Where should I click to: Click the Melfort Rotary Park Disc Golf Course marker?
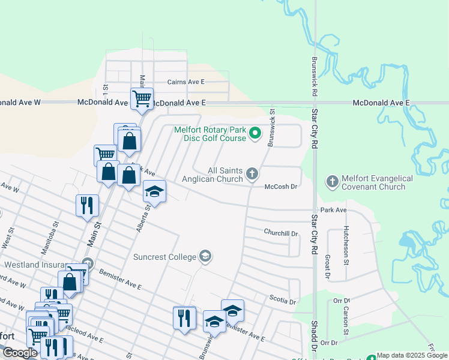[x=255, y=133]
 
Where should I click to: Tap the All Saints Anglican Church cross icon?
[x=252, y=175]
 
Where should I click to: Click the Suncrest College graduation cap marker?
[x=205, y=257]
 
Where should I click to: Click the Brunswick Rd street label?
[x=314, y=77]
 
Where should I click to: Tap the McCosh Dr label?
[x=282, y=187]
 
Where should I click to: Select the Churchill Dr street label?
[x=281, y=233]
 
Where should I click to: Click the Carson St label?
[x=346, y=321]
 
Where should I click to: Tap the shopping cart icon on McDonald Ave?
[x=142, y=98]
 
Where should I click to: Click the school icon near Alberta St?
[x=154, y=192]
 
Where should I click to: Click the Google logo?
[x=20, y=353]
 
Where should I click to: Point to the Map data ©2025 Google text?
[x=412, y=355]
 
